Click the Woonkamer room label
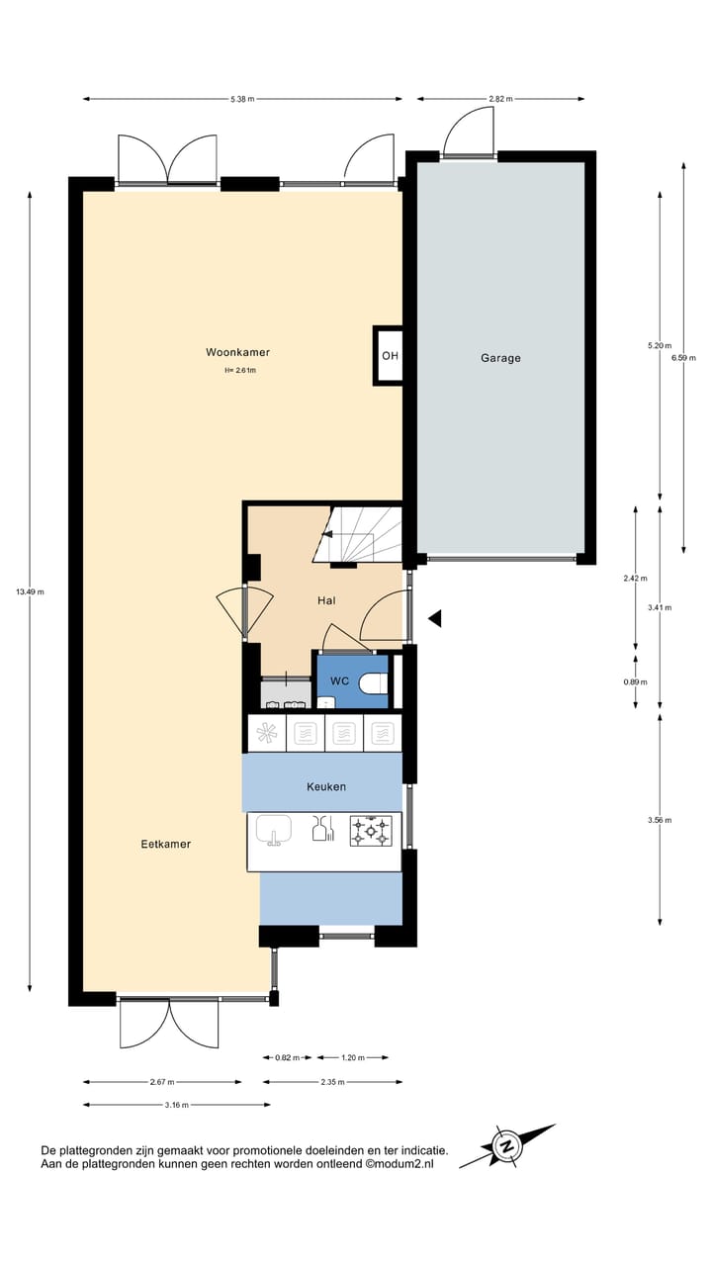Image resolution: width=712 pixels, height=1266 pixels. (x=237, y=352)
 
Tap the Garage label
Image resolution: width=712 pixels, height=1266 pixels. (x=500, y=358)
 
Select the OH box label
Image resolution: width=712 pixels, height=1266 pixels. (x=391, y=356)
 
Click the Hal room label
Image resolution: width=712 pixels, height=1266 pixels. (x=326, y=600)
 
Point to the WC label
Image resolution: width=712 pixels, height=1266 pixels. (x=339, y=681)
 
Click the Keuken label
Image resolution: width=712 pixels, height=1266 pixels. (x=326, y=786)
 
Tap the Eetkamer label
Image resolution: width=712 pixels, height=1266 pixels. (x=165, y=844)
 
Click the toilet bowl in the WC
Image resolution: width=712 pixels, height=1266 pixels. (x=372, y=683)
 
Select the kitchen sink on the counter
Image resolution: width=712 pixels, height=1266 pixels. (x=274, y=829)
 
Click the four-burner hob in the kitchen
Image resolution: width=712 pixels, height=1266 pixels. (x=371, y=831)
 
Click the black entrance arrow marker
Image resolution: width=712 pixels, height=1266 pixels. (x=434, y=618)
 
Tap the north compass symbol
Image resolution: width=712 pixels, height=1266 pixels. (x=508, y=1146)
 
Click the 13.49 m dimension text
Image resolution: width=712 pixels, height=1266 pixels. (x=30, y=591)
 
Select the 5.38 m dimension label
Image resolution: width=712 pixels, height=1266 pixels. (x=242, y=99)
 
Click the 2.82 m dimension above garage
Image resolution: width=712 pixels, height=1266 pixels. (x=500, y=99)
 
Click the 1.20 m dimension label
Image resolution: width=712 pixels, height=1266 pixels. (x=352, y=1057)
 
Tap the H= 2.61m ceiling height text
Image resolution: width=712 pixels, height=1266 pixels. (x=239, y=371)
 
